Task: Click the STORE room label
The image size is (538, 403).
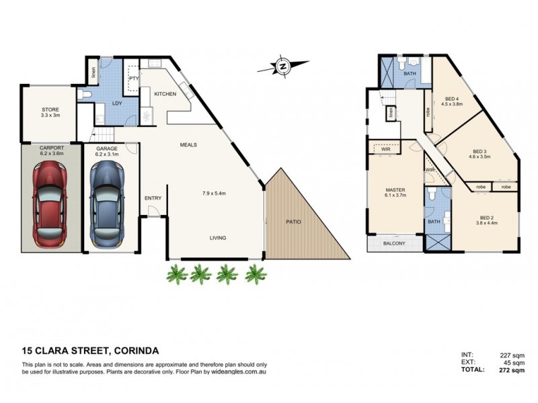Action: pyautogui.click(x=50, y=109)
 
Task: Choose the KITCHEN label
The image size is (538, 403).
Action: pyautogui.click(x=165, y=94)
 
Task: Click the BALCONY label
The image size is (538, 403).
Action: pyautogui.click(x=394, y=243)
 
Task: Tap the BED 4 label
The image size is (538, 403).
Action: pyautogui.click(x=452, y=99)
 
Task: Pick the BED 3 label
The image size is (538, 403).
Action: pyautogui.click(x=479, y=152)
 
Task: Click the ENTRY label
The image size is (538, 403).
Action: pyautogui.click(x=153, y=197)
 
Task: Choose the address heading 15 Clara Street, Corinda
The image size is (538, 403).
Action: pyautogui.click(x=91, y=351)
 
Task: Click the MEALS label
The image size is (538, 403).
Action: pyautogui.click(x=188, y=144)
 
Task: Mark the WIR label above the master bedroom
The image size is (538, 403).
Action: pyautogui.click(x=386, y=149)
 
